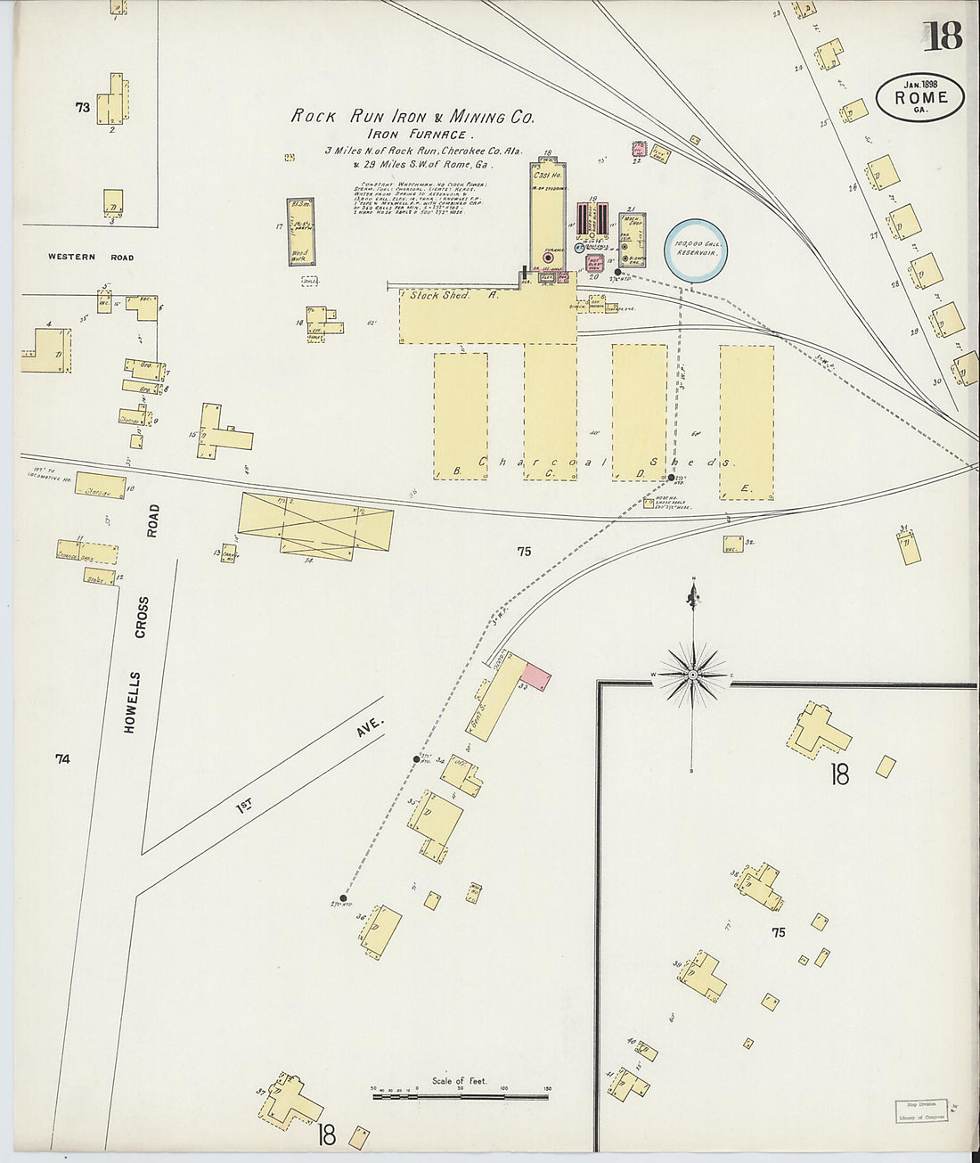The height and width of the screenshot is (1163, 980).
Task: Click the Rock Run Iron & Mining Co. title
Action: point(412,116)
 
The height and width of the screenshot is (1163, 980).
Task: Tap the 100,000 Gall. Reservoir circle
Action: point(696,249)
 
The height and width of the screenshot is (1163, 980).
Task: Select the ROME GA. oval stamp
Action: point(920,98)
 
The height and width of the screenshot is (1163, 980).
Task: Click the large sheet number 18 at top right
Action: point(942,37)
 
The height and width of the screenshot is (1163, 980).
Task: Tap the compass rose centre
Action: point(692,675)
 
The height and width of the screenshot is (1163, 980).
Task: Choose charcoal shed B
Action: point(461,414)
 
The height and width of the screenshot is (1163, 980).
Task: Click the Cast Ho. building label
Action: point(544,176)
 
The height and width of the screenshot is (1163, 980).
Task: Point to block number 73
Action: point(83,107)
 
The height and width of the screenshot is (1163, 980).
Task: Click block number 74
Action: point(61,759)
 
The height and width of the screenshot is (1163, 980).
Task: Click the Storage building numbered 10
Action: point(100,487)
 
